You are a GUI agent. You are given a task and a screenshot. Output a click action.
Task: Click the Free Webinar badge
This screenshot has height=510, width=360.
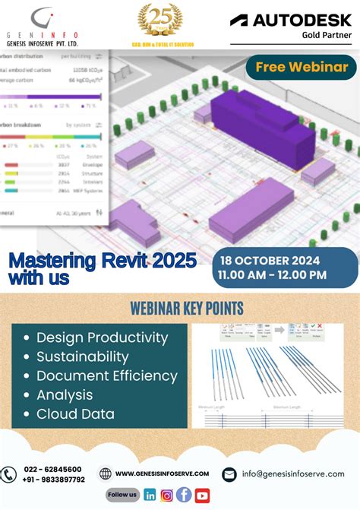302,68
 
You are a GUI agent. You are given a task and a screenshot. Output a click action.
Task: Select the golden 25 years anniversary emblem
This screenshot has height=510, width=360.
159,18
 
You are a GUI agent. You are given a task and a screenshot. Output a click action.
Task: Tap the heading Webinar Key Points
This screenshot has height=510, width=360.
187,309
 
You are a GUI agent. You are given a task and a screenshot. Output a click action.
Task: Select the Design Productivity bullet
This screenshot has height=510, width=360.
102,337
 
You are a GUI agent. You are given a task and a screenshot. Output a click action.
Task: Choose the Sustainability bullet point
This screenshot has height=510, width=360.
82,356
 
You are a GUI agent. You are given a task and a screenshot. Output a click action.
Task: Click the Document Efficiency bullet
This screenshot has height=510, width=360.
106,375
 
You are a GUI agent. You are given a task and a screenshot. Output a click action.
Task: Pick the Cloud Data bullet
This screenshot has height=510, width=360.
75,414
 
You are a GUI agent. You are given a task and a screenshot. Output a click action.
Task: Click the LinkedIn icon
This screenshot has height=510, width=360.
150,495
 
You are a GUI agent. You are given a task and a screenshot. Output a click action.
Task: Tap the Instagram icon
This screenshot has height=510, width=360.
167,495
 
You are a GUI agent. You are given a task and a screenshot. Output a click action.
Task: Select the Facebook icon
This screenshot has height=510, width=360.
184,495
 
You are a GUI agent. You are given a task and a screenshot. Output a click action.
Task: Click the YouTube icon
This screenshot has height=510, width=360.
201,496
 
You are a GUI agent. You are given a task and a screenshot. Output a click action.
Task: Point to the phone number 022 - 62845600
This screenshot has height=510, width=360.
53,469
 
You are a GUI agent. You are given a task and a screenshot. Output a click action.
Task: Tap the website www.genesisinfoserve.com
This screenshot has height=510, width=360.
162,474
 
